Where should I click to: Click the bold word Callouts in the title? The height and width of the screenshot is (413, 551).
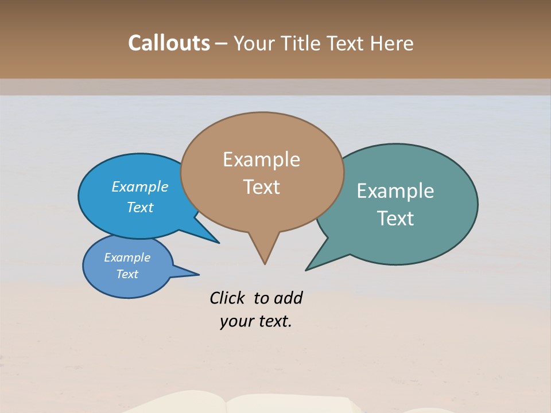pyautogui.click(x=169, y=43)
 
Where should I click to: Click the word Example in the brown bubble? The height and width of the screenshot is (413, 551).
pyautogui.click(x=261, y=159)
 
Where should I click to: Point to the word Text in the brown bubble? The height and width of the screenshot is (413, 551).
pyautogui.click(x=261, y=187)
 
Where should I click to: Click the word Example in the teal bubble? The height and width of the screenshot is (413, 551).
pyautogui.click(x=395, y=191)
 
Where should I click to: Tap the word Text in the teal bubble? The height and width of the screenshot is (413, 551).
pyautogui.click(x=395, y=219)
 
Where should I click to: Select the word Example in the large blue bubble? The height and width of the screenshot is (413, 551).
pyautogui.click(x=140, y=186)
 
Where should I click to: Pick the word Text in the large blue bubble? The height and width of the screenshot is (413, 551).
pyautogui.click(x=140, y=207)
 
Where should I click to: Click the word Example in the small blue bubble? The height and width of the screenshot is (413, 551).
pyautogui.click(x=127, y=258)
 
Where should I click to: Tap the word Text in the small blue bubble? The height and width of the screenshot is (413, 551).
pyautogui.click(x=127, y=274)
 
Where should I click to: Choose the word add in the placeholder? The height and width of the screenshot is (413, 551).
pyautogui.click(x=288, y=298)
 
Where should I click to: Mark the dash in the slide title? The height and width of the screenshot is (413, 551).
pyautogui.click(x=222, y=44)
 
